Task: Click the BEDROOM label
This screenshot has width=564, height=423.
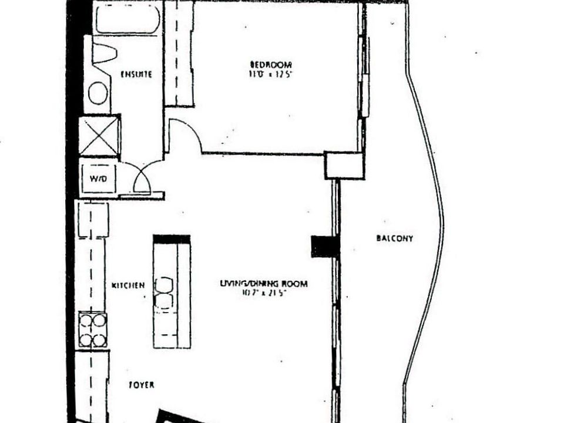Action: [x=271, y=64]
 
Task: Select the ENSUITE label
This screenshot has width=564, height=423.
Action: [x=136, y=75]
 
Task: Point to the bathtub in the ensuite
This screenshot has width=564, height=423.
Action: [x=127, y=19]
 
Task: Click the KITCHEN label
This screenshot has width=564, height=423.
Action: [x=128, y=286]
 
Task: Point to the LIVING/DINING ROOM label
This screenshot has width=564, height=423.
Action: [x=264, y=284]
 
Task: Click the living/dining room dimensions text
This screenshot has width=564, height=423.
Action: [x=264, y=293]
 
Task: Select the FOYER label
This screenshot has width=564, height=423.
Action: [x=141, y=385]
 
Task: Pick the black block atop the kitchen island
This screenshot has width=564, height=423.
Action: [x=172, y=239]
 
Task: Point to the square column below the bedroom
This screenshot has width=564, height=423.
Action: [x=345, y=166]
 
